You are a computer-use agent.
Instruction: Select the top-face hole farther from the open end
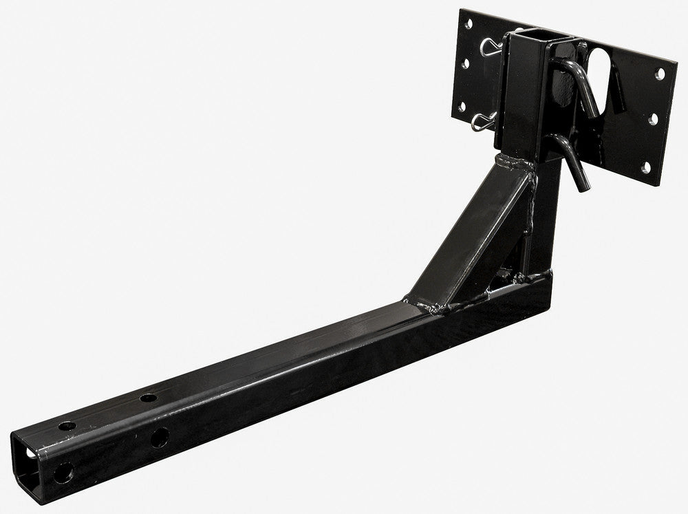[147, 398]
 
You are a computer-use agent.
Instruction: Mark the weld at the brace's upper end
[513, 164]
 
